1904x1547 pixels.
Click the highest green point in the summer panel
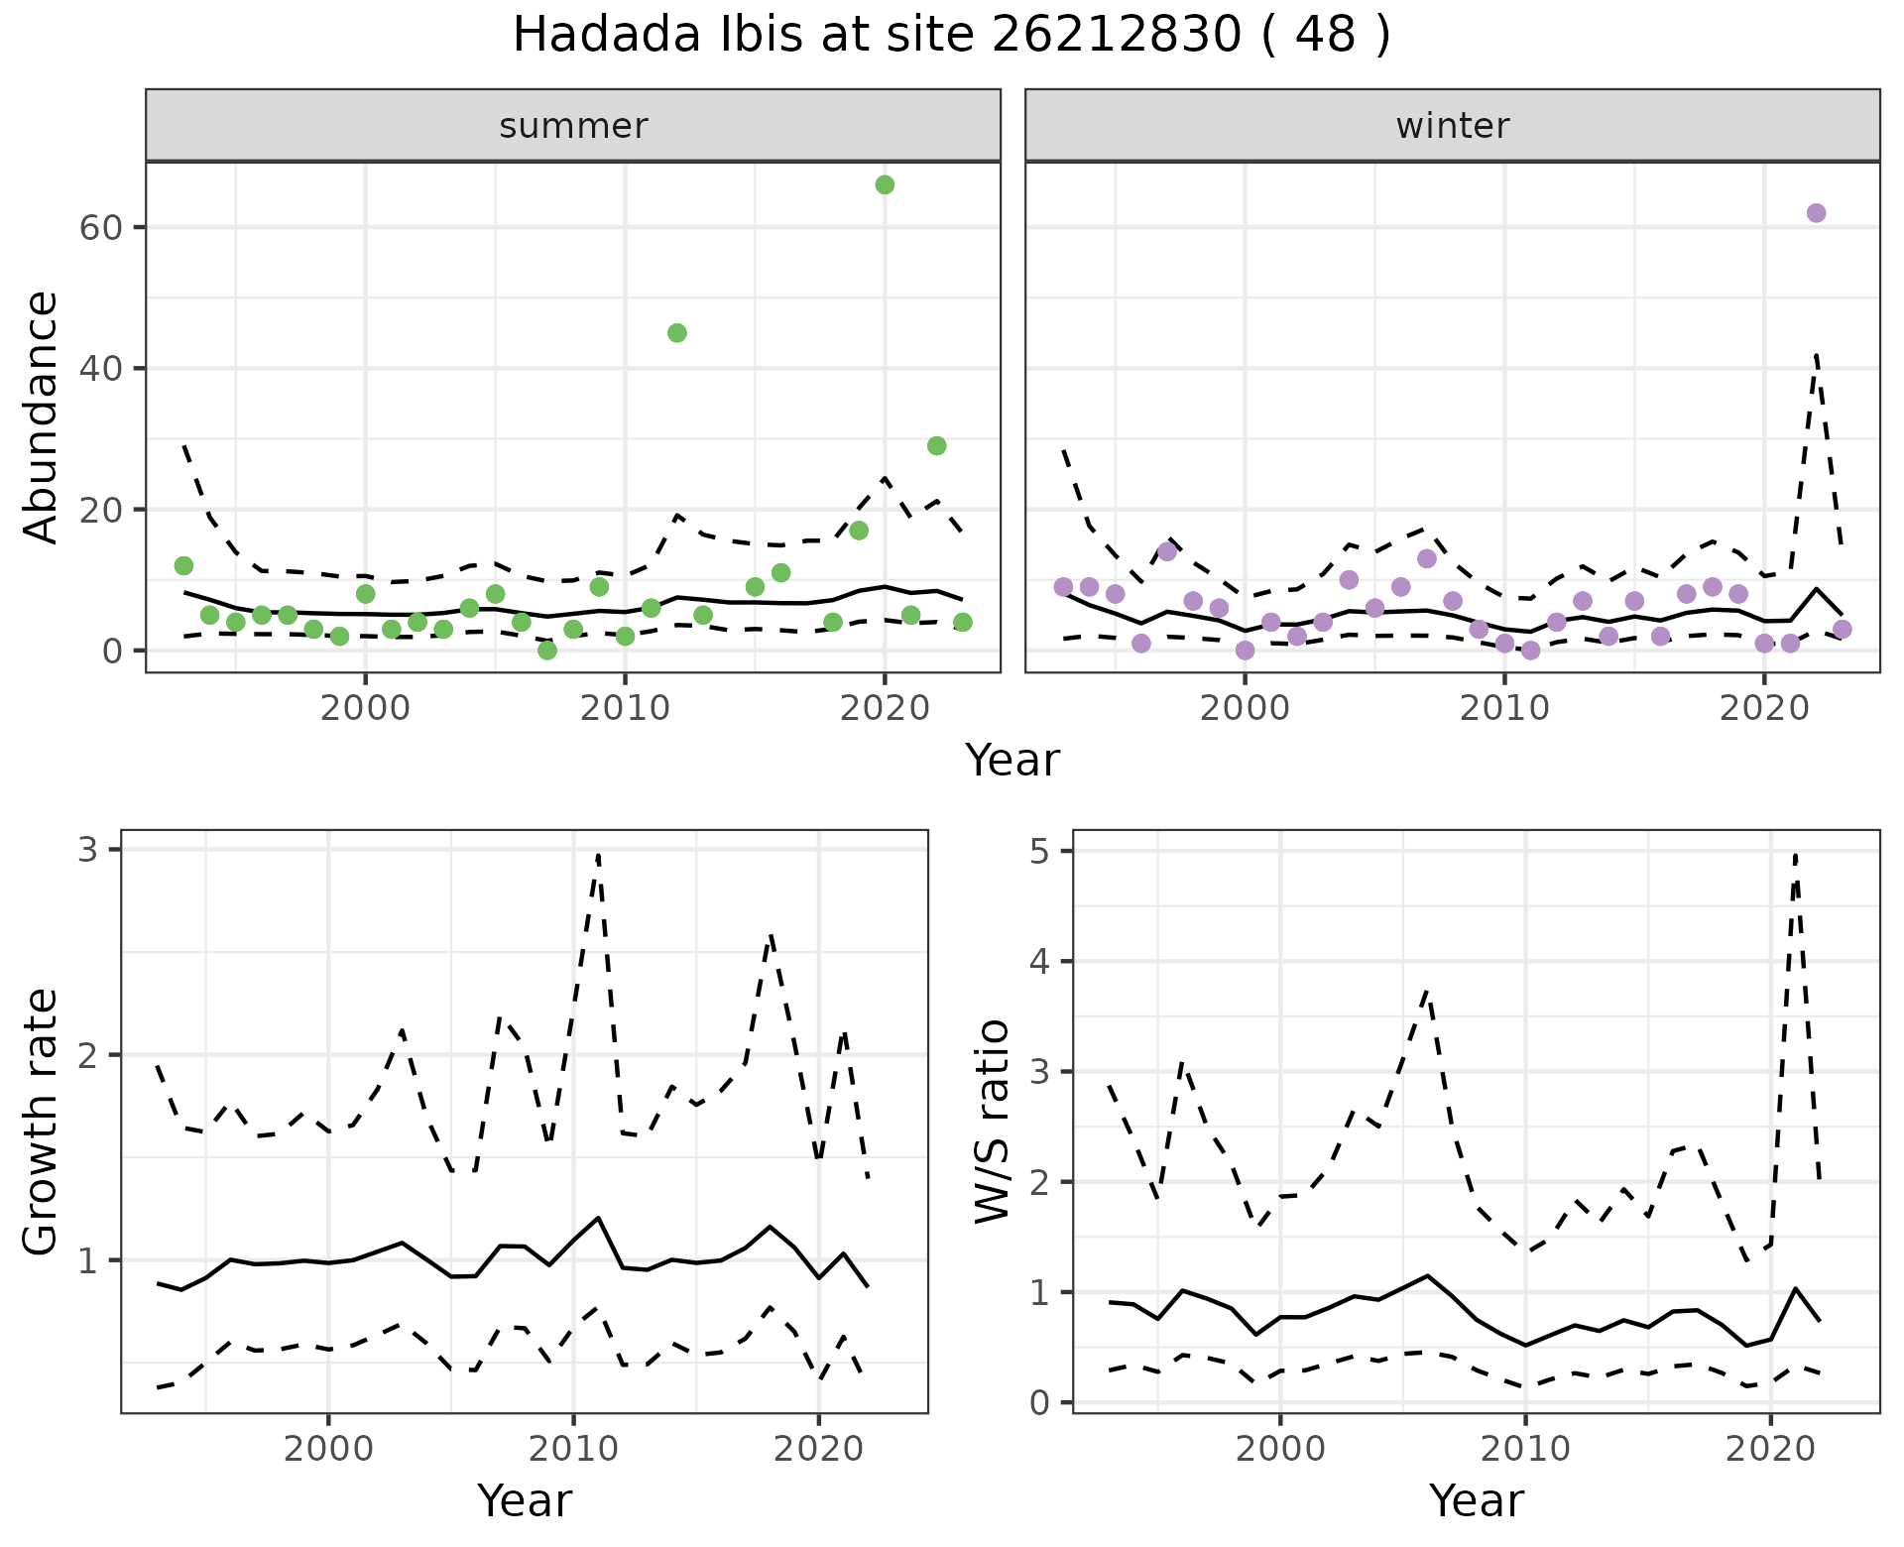point(885,184)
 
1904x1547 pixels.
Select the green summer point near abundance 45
point(677,333)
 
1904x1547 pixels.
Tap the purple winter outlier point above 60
point(1816,213)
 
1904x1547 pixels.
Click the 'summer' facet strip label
point(573,126)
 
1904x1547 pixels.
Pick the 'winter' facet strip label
point(1453,126)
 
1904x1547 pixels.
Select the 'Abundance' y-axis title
point(42,417)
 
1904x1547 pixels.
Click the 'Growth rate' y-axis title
point(42,1122)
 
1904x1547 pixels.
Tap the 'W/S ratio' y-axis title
point(993,1122)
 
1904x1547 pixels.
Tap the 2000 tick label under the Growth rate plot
point(328,1449)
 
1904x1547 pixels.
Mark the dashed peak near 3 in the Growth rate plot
point(598,855)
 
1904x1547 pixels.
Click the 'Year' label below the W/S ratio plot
point(1476,1501)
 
